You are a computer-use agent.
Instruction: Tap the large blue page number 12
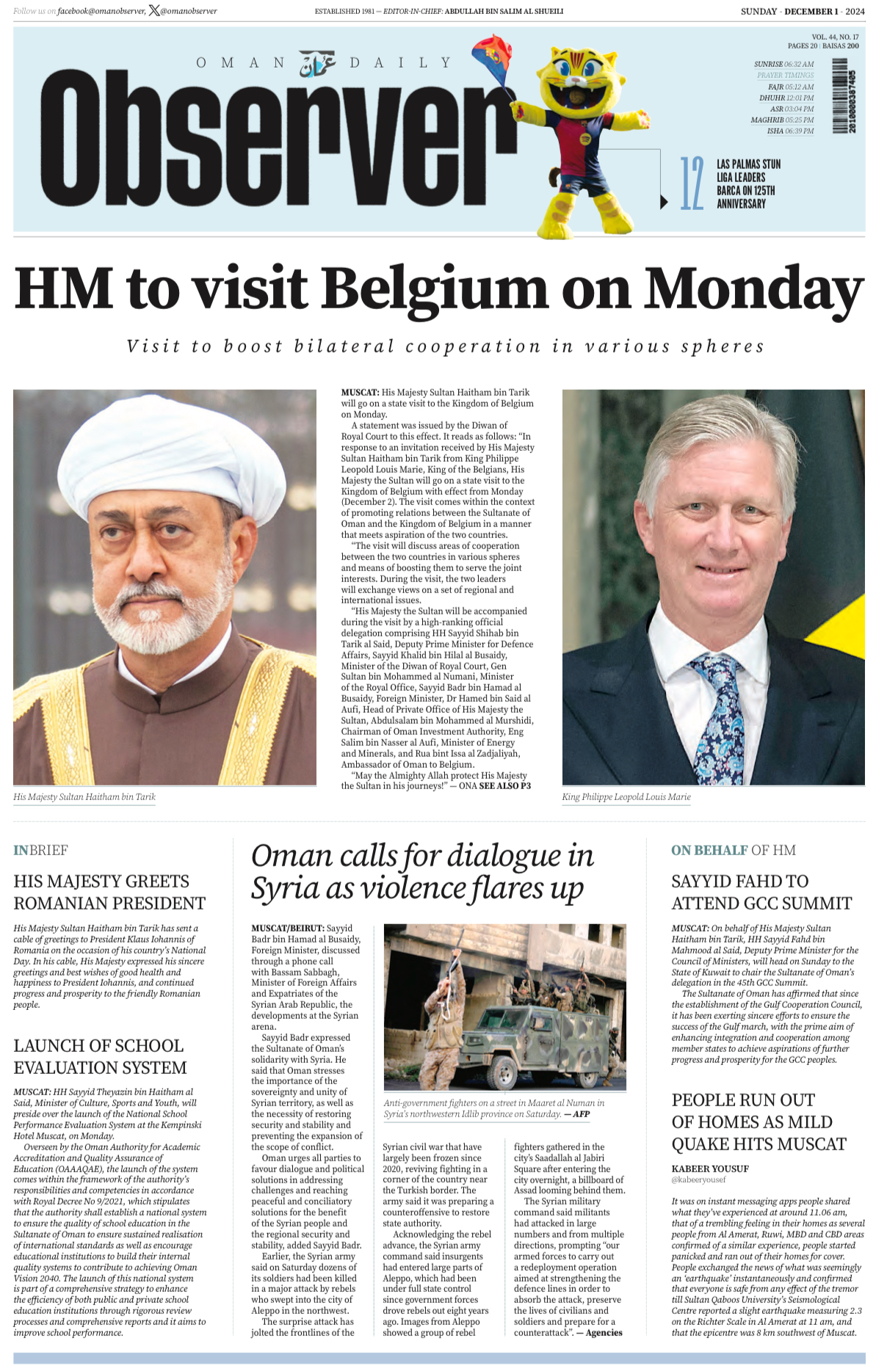[x=691, y=184]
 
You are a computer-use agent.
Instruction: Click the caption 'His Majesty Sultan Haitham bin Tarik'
[x=84, y=796]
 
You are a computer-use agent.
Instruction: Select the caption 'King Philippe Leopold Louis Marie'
[x=626, y=796]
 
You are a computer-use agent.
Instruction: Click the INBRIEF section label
[x=40, y=850]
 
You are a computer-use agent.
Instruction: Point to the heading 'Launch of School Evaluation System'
[x=100, y=1056]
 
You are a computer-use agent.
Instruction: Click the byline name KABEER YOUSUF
[x=710, y=1169]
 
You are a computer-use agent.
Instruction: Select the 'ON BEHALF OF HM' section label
[x=733, y=850]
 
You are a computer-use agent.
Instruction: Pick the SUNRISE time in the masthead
[x=783, y=64]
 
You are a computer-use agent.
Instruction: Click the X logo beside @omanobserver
[x=154, y=10]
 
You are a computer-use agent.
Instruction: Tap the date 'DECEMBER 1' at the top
[x=811, y=11]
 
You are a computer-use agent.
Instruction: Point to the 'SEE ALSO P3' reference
[x=504, y=785]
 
